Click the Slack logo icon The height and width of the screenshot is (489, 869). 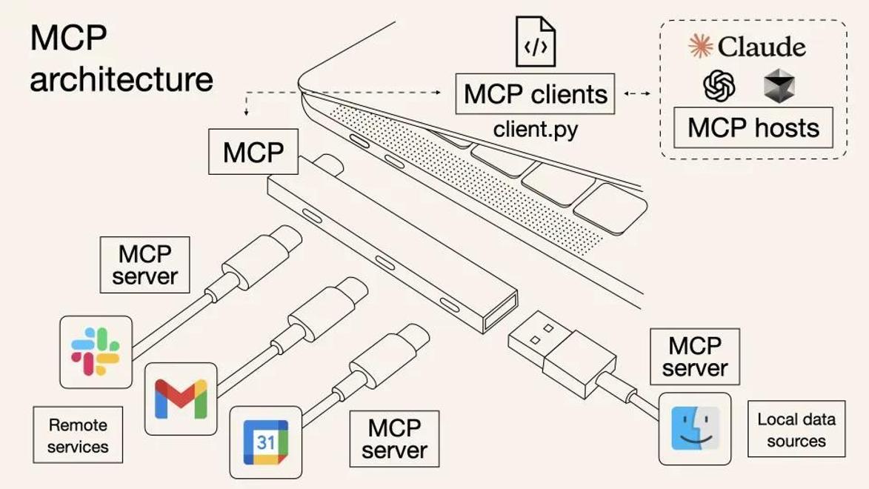[96, 352]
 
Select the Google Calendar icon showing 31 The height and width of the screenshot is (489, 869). [266, 442]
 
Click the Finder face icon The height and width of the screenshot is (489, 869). [695, 428]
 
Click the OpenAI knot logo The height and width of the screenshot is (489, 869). [719, 87]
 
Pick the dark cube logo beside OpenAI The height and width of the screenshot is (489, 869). [779, 87]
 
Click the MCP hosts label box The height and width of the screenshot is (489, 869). [753, 127]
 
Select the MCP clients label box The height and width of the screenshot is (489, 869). [535, 94]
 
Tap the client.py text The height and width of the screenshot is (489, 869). [535, 130]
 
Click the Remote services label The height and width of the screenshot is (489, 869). [78, 436]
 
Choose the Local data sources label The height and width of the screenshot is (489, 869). [796, 430]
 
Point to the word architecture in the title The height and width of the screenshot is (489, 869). [121, 79]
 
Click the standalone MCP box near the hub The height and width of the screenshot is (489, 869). [253, 153]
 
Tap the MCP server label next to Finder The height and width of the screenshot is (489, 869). [695, 356]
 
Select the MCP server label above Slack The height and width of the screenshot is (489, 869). [144, 265]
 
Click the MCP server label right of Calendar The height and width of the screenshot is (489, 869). [394, 439]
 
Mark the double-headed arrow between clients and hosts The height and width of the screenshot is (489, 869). [636, 94]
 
